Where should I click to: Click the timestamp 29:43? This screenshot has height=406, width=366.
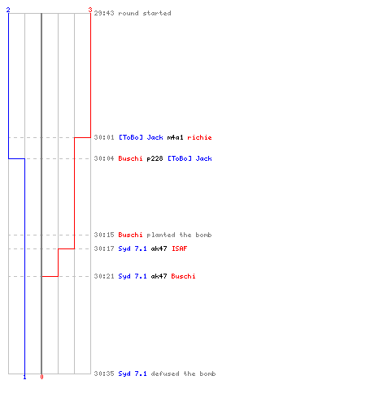[x=104, y=13]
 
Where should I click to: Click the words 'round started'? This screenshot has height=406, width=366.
[x=145, y=13]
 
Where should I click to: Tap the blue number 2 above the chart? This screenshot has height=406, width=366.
[x=8, y=10]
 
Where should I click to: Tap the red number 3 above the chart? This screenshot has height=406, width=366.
[x=90, y=10]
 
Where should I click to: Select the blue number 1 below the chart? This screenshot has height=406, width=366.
[x=24, y=377]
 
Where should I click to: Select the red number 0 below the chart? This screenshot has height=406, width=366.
[x=41, y=377]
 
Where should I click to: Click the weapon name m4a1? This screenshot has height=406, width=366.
[x=175, y=137]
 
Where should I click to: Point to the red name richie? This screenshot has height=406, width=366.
[x=199, y=137]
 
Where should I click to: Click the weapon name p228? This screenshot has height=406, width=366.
[x=155, y=158]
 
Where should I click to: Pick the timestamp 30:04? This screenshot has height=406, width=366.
[x=104, y=158]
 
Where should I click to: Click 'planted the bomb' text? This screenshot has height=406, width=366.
[x=179, y=235]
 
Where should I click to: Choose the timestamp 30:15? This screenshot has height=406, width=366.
[x=104, y=235]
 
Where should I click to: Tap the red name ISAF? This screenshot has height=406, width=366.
[x=179, y=248]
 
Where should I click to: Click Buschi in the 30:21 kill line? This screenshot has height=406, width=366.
[x=183, y=276]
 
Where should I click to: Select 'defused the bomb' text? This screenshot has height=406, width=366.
[x=183, y=374]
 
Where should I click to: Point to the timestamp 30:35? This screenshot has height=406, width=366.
[x=104, y=374]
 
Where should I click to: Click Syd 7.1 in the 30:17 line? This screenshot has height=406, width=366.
[x=133, y=248]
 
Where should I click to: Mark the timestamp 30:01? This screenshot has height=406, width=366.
[x=104, y=137]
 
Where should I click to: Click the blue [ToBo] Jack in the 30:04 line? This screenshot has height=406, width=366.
[x=190, y=158]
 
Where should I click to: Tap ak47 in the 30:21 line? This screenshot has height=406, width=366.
[x=159, y=276]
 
